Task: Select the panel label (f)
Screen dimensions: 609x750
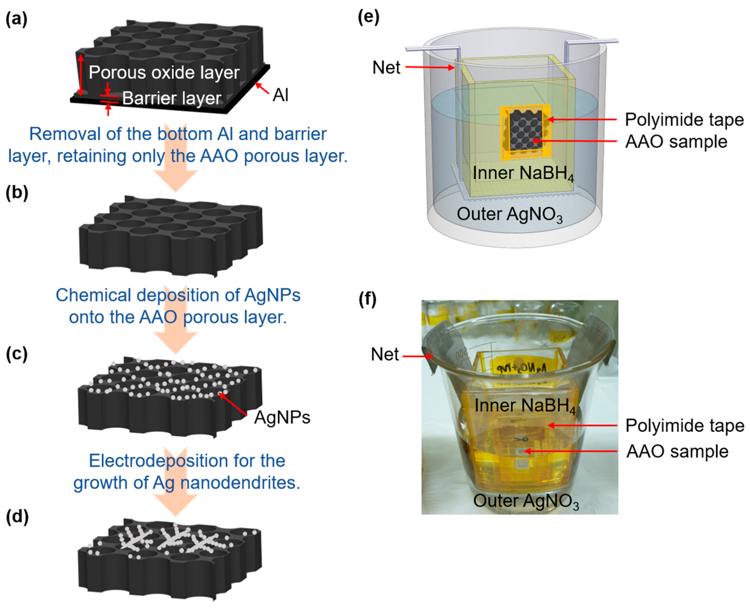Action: coord(367,299)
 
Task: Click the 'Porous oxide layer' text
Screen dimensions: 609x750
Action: coord(164,73)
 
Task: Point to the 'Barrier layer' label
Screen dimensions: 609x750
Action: coord(172,98)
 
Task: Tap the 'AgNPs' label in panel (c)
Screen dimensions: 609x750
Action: coord(282,418)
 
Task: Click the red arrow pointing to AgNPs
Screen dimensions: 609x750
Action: coord(233,404)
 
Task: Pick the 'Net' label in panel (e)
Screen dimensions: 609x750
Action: coord(386,67)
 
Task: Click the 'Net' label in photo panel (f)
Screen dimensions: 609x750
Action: coord(384,354)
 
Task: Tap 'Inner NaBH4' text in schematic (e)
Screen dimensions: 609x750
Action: coord(522,173)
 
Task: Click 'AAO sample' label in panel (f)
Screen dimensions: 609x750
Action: coord(677,451)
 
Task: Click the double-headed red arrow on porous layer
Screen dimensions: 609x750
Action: coord(81,75)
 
